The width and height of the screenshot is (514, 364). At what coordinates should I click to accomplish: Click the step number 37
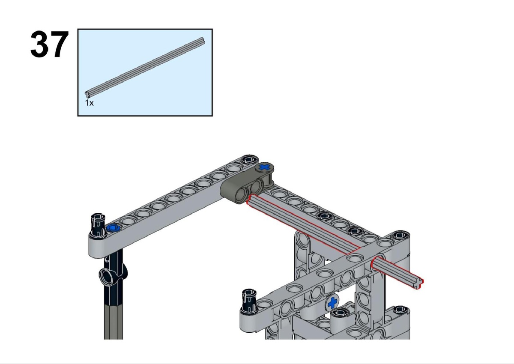[x=49, y=44]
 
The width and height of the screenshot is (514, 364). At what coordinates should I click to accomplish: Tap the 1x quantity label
[x=89, y=103]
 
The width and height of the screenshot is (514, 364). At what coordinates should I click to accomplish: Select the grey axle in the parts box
[x=145, y=67]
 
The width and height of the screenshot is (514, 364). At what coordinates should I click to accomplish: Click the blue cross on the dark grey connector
[x=265, y=167]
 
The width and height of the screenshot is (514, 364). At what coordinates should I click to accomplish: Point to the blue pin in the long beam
[x=114, y=228]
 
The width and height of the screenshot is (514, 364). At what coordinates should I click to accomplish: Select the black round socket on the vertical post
[x=108, y=277]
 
